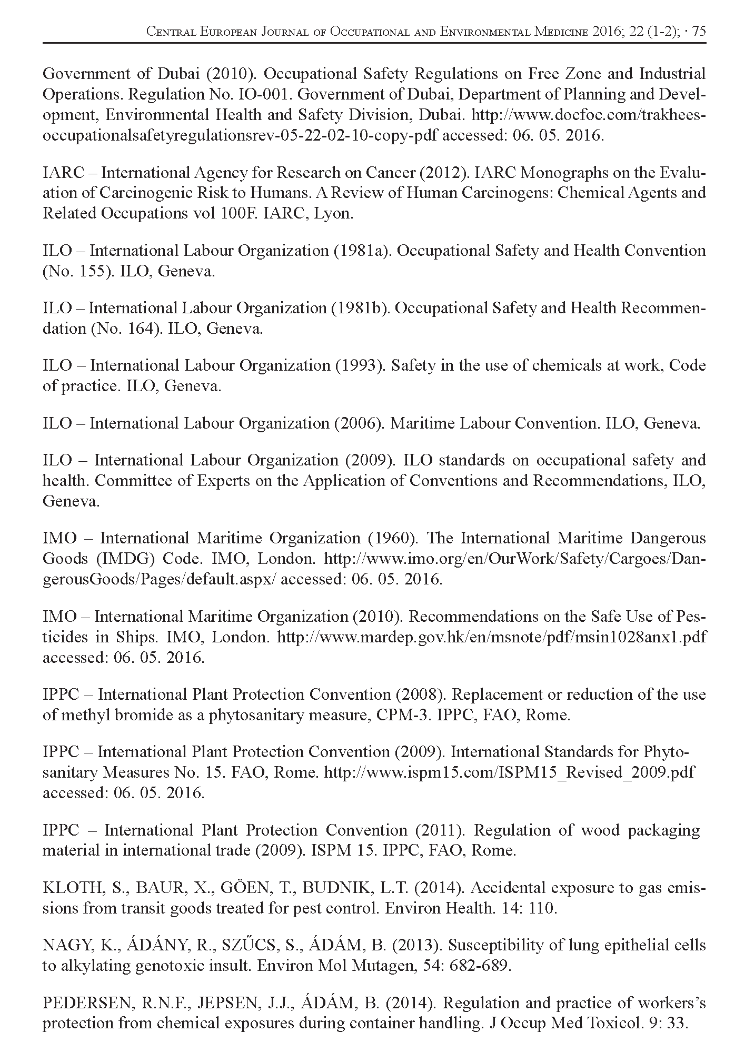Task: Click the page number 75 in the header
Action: pos(699,32)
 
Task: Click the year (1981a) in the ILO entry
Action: pos(362,251)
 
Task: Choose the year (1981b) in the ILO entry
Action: pos(361,308)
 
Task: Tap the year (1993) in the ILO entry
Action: pos(360,366)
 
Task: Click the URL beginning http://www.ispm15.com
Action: pos(509,772)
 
